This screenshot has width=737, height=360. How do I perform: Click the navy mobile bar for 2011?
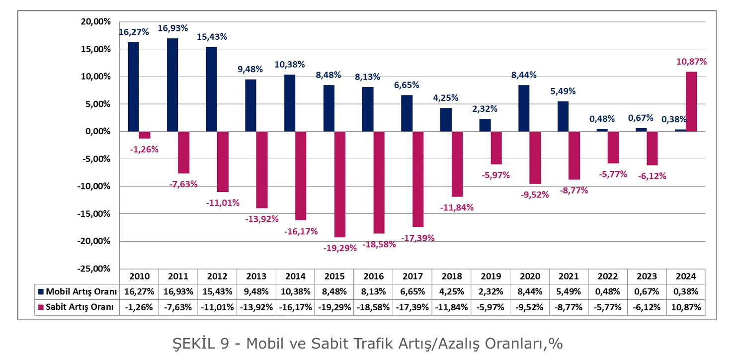pos(172,85)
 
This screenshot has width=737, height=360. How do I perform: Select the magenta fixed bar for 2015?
pos(340,184)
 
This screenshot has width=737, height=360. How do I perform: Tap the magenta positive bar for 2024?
pos(691,101)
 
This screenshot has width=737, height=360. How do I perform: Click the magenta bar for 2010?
pos(145,135)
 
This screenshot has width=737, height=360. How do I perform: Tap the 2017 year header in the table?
pos(412,276)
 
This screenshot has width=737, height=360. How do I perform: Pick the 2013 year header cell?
pos(256,276)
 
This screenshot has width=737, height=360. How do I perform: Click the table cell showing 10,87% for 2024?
pos(686,307)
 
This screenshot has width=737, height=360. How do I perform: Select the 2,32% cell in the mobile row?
pos(491,291)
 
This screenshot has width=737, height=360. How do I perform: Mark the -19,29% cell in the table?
pos(334,307)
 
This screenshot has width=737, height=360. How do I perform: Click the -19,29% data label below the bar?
pos(340,248)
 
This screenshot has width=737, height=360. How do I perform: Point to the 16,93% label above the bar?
pos(173,28)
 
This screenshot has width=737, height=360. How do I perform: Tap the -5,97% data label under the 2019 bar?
pos(495,175)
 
